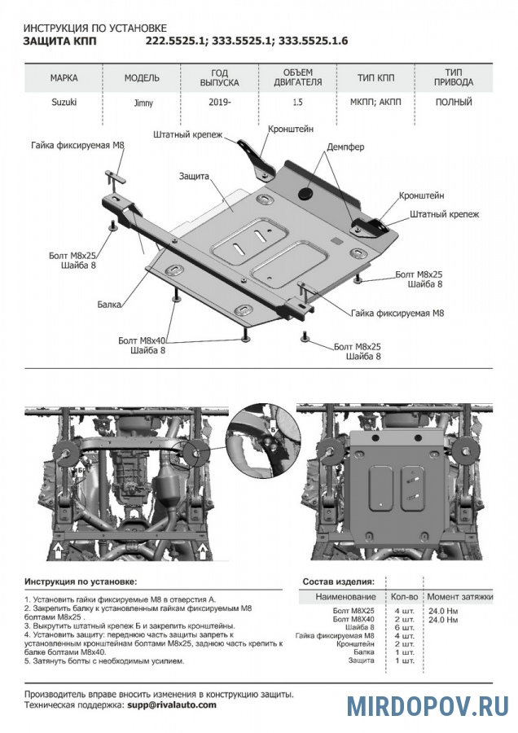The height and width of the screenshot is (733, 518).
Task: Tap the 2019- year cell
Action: (219, 103)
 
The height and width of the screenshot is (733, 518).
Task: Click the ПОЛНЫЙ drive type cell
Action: (454, 103)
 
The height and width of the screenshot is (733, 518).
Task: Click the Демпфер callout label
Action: (345, 147)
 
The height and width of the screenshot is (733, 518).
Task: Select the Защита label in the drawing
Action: (195, 175)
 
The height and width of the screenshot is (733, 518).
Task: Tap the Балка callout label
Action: (107, 304)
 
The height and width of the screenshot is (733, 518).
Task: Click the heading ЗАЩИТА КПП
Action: (58, 41)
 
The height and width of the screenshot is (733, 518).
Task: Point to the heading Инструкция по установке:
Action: (81, 582)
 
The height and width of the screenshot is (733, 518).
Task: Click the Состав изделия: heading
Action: (338, 582)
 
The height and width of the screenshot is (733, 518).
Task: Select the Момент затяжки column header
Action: (460, 597)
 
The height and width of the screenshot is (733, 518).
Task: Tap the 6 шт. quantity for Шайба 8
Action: (404, 627)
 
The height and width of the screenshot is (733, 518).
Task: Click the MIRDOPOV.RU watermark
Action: (427, 706)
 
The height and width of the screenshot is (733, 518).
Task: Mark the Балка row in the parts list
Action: (363, 652)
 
